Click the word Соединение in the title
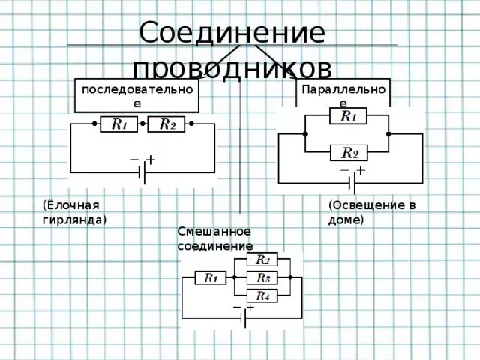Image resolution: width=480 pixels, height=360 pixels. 232,34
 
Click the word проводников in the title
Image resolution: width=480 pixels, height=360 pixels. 232,67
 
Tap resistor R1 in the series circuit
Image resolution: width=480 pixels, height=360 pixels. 118,124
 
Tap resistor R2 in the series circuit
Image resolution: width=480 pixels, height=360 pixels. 166,124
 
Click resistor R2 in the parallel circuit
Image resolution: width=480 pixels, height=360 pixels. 349,153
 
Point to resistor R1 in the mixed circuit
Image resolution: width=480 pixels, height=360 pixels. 211,278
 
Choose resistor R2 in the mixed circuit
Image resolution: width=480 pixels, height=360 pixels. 262,260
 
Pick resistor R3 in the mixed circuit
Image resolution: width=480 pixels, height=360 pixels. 262,278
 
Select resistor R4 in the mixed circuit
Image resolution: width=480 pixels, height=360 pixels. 262,296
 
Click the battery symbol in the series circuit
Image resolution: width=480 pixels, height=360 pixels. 142,172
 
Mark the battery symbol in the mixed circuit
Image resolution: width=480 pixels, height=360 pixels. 244,318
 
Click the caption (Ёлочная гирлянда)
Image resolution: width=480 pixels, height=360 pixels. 73,212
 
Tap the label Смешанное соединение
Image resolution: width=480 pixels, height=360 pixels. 214,238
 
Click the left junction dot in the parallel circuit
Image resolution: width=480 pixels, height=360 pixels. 305,135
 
